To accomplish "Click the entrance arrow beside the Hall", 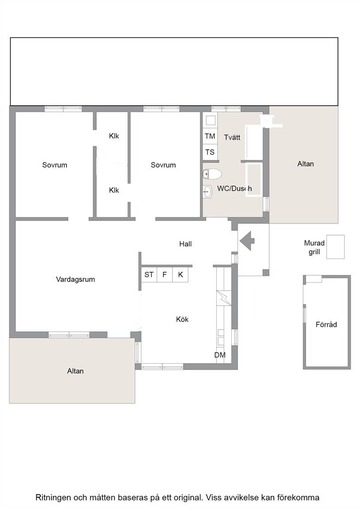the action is pyautogui.click(x=247, y=241).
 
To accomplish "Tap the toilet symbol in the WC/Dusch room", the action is pyautogui.click(x=212, y=175).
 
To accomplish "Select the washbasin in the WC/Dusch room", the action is pyautogui.click(x=207, y=191).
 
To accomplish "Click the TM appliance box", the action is pyautogui.click(x=210, y=136).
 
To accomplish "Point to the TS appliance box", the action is pyautogui.click(x=210, y=152).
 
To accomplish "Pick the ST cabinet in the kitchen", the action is pyautogui.click(x=149, y=275).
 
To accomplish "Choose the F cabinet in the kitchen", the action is pyautogui.click(x=165, y=275).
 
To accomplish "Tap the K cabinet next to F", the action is pyautogui.click(x=180, y=275).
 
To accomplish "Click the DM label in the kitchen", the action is pyautogui.click(x=220, y=355).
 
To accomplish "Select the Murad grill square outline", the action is pyautogui.click(x=335, y=247).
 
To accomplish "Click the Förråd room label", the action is pyautogui.click(x=326, y=324).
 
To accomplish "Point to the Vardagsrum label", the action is pyautogui.click(x=75, y=279).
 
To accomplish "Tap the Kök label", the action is pyautogui.click(x=182, y=319).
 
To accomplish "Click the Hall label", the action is pyautogui.click(x=185, y=244).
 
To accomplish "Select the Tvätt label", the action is pyautogui.click(x=232, y=137).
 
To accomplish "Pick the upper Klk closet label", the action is pyautogui.click(x=114, y=136).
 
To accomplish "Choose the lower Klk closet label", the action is pyautogui.click(x=114, y=190).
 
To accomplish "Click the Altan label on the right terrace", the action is pyautogui.click(x=306, y=163).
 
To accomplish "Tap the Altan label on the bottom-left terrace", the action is pyautogui.click(x=75, y=371).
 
